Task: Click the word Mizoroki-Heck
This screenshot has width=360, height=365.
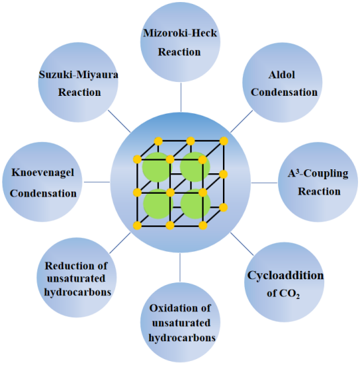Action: tap(180, 33)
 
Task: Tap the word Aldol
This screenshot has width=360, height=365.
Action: tap(282, 75)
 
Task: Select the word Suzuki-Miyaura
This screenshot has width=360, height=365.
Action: tap(79, 75)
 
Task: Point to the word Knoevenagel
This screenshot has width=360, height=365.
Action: tap(43, 173)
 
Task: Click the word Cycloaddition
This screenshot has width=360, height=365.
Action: tap(285, 276)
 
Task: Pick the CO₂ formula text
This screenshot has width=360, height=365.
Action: tap(289, 294)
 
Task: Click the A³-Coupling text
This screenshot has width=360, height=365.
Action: tap(318, 174)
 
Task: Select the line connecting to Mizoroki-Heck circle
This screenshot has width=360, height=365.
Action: tap(181, 97)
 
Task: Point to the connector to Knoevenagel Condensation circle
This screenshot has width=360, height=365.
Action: tap(97, 182)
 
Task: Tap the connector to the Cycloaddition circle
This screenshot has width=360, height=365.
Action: tap(242, 244)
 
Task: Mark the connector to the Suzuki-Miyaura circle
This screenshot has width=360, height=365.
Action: tap(119, 121)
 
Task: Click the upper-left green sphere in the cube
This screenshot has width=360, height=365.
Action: tap(157, 167)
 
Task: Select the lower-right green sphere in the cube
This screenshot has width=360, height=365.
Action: tap(195, 204)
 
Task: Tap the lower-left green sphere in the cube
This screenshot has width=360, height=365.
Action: tap(157, 204)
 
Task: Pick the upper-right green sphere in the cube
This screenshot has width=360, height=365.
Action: tap(195, 167)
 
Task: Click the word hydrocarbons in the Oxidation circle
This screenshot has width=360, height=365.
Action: tap(182, 337)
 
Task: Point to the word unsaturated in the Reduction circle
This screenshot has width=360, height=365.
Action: tap(76, 278)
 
